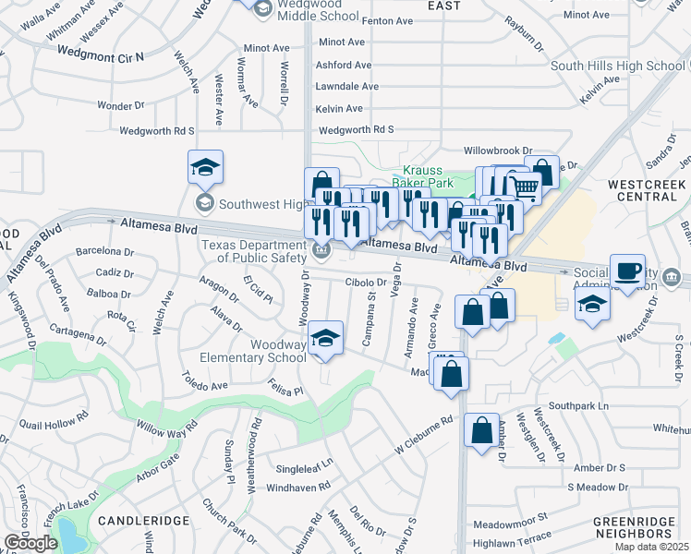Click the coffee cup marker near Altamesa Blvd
point(627,271)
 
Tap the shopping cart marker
point(525,188)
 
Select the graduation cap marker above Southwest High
point(205,168)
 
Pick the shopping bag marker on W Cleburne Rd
point(481,430)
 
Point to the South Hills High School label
point(618,66)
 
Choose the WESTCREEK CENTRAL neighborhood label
point(647,191)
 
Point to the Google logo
point(30,543)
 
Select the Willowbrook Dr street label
point(499,150)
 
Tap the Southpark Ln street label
point(579,406)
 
